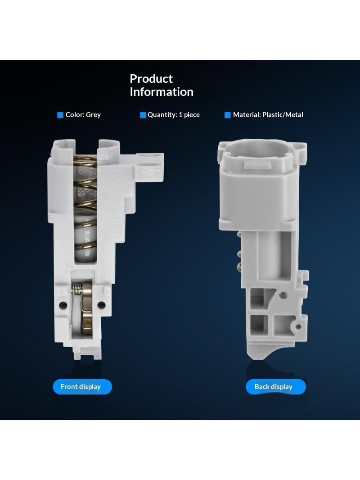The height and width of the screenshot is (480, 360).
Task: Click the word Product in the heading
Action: (151, 79)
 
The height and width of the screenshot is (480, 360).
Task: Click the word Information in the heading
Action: (162, 92)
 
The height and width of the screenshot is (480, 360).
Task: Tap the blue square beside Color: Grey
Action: (60, 115)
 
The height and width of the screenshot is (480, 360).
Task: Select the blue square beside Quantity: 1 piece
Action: (143, 115)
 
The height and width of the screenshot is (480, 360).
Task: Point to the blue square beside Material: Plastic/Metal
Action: (228, 115)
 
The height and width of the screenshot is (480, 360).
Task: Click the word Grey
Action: (93, 115)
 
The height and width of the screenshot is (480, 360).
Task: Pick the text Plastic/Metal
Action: (283, 115)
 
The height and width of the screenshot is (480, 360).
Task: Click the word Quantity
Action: (162, 115)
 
